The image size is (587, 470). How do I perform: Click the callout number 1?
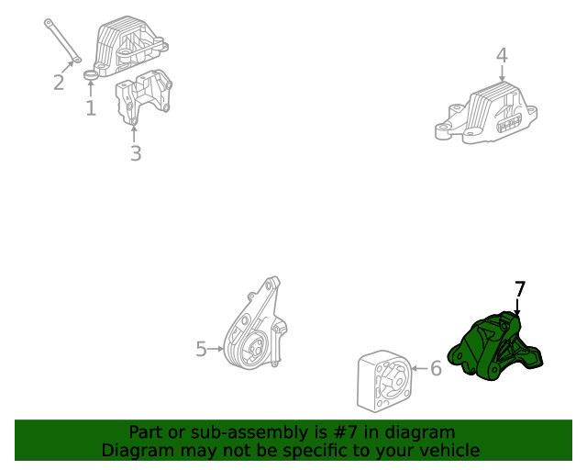(91, 107)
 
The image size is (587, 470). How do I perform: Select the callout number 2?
(59, 82)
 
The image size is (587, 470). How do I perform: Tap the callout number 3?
(136, 153)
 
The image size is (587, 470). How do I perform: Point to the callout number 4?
(502, 55)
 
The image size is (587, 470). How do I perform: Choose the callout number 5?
(202, 349)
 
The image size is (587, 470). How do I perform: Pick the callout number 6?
(437, 368)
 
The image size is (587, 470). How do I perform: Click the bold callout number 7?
(520, 289)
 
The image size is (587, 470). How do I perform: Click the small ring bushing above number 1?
(91, 74)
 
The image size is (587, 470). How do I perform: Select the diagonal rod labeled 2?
(62, 40)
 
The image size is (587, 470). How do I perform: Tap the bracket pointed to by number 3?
(143, 96)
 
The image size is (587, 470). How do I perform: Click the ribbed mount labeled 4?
(486, 113)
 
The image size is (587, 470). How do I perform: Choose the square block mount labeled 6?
(384, 382)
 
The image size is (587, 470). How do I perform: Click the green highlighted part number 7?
(495, 345)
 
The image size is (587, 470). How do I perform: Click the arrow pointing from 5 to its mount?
(216, 349)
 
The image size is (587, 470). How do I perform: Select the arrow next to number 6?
(420, 368)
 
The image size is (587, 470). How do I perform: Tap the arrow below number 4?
(502, 73)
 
